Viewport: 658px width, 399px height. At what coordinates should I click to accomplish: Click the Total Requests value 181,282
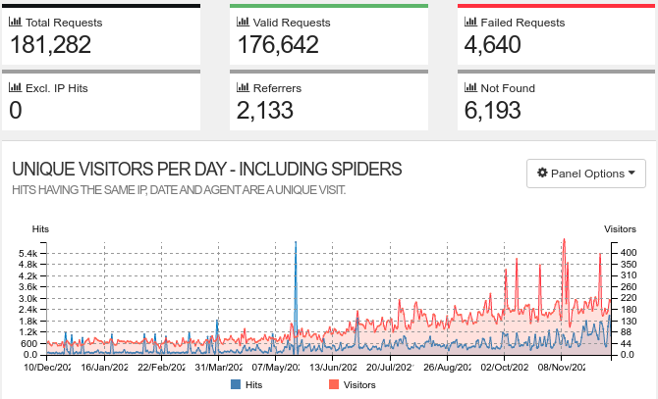click(x=57, y=44)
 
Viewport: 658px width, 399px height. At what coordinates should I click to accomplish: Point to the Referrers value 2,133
click(x=265, y=111)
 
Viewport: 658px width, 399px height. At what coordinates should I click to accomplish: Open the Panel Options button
click(x=585, y=174)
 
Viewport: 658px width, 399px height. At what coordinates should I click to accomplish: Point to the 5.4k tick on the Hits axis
click(x=27, y=253)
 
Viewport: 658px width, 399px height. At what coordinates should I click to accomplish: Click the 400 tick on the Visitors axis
click(x=627, y=253)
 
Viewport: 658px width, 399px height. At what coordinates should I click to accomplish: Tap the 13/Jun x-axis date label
click(x=331, y=369)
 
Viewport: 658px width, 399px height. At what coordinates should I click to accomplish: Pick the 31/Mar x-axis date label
click(x=216, y=369)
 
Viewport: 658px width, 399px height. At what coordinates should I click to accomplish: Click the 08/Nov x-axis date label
click(x=560, y=369)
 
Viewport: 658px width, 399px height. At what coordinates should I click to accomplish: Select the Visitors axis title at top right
click(x=620, y=228)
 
